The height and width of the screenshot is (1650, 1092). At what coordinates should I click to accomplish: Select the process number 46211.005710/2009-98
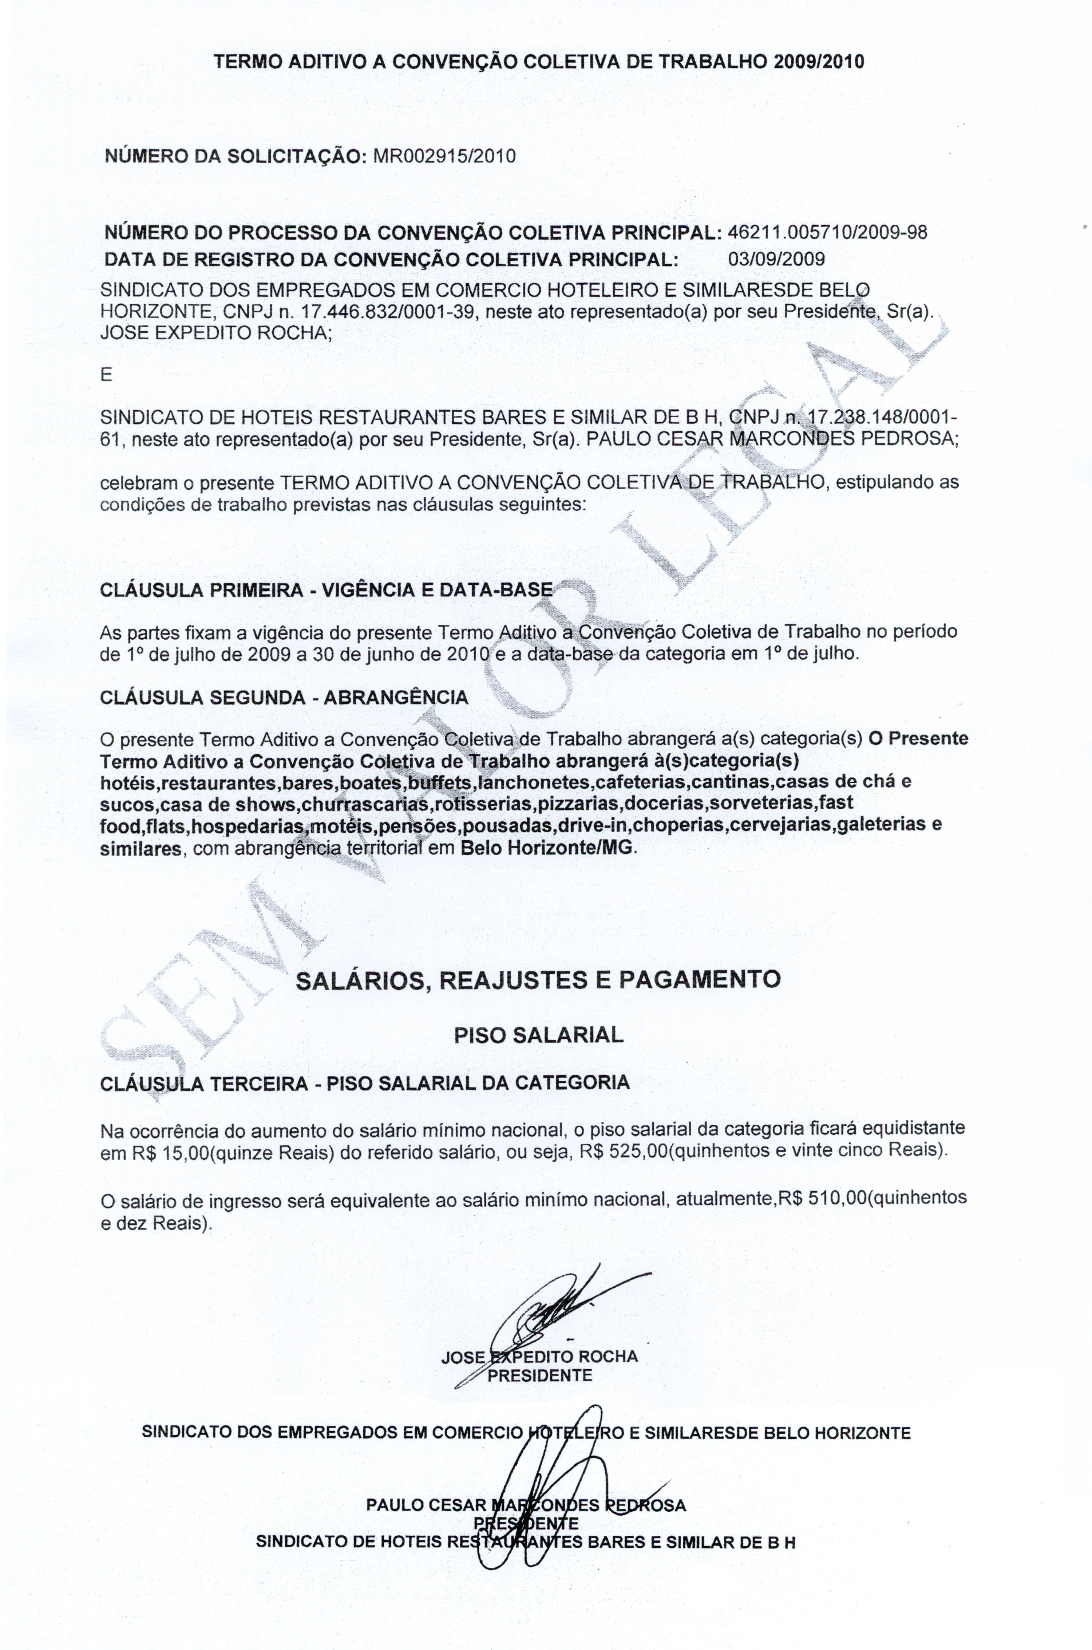tap(827, 233)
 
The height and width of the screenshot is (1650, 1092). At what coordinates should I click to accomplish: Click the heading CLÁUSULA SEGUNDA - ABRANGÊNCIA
tap(284, 697)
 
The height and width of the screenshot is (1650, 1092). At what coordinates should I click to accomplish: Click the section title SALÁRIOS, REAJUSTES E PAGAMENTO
tap(538, 979)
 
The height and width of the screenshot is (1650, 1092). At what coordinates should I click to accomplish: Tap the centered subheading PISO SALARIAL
tap(538, 1035)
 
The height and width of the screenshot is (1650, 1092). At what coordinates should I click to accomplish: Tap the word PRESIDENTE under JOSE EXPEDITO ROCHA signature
tap(540, 1375)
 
